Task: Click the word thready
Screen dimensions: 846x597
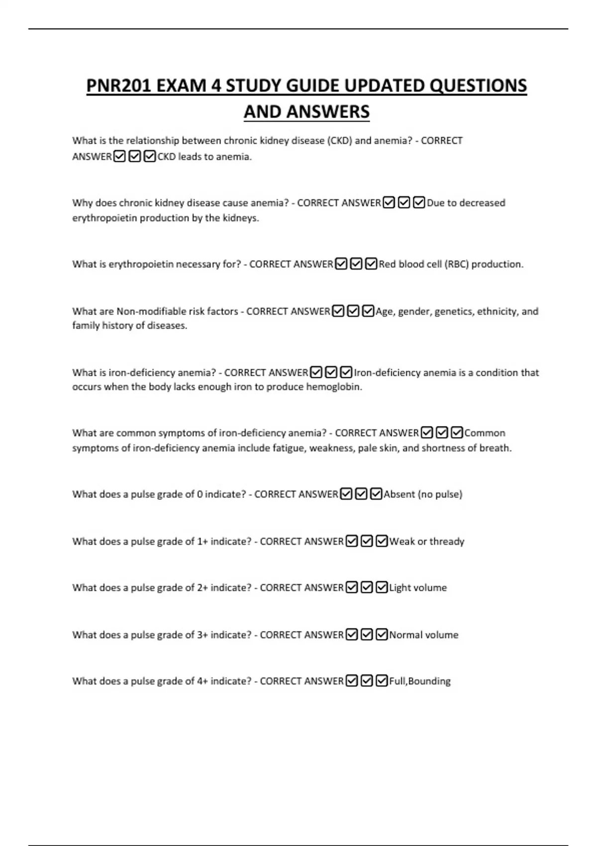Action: pyautogui.click(x=447, y=541)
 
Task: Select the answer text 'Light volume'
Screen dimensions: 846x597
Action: pyautogui.click(x=418, y=588)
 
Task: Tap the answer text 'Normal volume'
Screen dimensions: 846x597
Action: pyautogui.click(x=423, y=635)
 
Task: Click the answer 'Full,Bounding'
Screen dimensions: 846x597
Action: pyautogui.click(x=419, y=681)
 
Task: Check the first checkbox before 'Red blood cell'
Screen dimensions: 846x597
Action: pyautogui.click(x=341, y=264)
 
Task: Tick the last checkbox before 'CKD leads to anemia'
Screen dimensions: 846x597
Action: pyautogui.click(x=150, y=157)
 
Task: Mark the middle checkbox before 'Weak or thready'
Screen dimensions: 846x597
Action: pyautogui.click(x=367, y=541)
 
